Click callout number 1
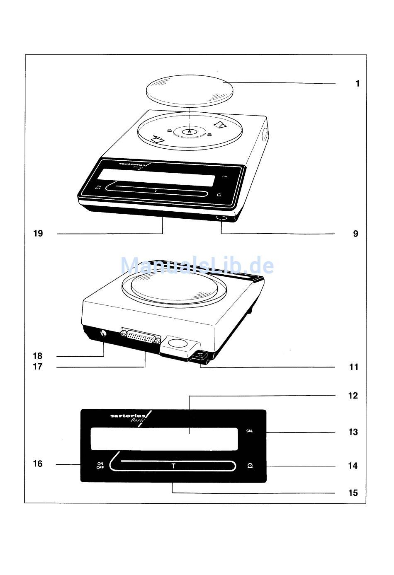357,84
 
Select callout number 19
38,234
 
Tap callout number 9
355,234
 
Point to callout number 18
38,356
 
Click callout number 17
38,367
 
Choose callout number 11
353,367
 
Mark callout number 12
353,396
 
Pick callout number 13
353,432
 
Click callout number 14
353,466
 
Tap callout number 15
353,493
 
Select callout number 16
38,464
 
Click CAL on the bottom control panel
249,431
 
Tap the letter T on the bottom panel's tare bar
173,466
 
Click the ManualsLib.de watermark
197,265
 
